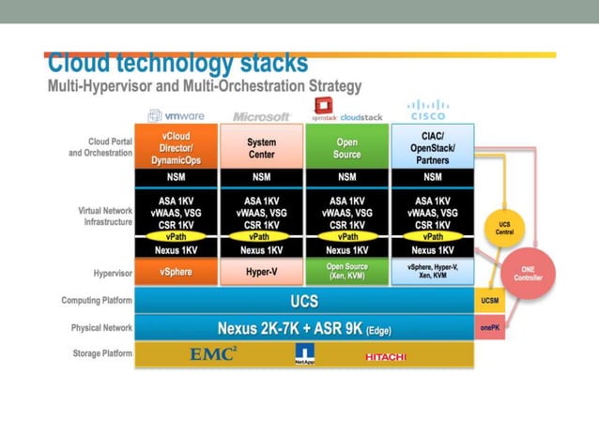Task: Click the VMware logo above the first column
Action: [x=177, y=115]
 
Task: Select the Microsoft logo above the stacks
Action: [x=262, y=115]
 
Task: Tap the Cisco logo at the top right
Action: [x=428, y=110]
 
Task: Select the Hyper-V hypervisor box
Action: [x=262, y=272]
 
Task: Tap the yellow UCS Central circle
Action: [x=504, y=227]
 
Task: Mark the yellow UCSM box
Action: [x=490, y=301]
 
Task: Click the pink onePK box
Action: [x=490, y=328]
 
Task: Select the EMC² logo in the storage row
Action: [x=213, y=354]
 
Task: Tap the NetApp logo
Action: [x=305, y=354]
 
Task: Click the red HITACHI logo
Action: [x=386, y=356]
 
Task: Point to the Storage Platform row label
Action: [x=102, y=353]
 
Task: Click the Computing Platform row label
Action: [x=98, y=301]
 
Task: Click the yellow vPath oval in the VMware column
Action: [x=177, y=237]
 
